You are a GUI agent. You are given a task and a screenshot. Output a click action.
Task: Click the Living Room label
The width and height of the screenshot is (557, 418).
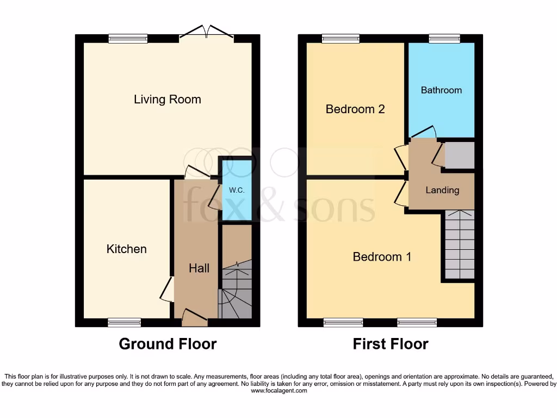pyautogui.click(x=168, y=100)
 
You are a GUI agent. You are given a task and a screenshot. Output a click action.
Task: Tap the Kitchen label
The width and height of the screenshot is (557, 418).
pyautogui.click(x=126, y=249)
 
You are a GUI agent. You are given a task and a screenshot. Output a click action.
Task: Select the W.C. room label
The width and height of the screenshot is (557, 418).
pyautogui.click(x=236, y=190)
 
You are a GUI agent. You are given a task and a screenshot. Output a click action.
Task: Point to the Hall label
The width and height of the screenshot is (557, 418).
pyautogui.click(x=199, y=268)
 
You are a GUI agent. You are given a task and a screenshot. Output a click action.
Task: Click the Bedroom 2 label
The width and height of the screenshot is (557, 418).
pyautogui.click(x=355, y=109)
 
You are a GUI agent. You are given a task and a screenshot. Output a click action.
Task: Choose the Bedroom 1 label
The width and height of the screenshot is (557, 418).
pyautogui.click(x=382, y=256)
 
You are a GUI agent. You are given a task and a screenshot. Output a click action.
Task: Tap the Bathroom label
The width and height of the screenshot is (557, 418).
pyautogui.click(x=441, y=90)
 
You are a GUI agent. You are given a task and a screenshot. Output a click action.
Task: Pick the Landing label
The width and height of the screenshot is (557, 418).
pyautogui.click(x=442, y=190)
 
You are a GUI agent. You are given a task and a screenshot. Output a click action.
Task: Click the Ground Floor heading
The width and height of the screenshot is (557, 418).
pyautogui.click(x=168, y=344)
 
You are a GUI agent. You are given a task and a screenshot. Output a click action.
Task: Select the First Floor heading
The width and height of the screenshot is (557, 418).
pyautogui.click(x=391, y=344)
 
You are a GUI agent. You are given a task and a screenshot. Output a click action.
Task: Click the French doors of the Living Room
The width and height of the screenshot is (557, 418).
pyautogui.click(x=206, y=34)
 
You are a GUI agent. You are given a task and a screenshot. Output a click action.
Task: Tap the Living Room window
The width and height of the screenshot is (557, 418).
pyautogui.click(x=128, y=38)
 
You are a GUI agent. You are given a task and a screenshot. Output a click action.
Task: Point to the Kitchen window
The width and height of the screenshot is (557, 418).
pyautogui.click(x=124, y=323)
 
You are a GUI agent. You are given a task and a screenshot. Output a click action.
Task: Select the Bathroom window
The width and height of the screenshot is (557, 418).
pyautogui.click(x=444, y=38)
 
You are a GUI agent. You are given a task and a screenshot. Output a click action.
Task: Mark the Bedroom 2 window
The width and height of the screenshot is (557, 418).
pyautogui.click(x=341, y=38)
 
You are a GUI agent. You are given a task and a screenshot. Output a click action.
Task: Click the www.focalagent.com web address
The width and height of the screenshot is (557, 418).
pyautogui.click(x=278, y=391)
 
